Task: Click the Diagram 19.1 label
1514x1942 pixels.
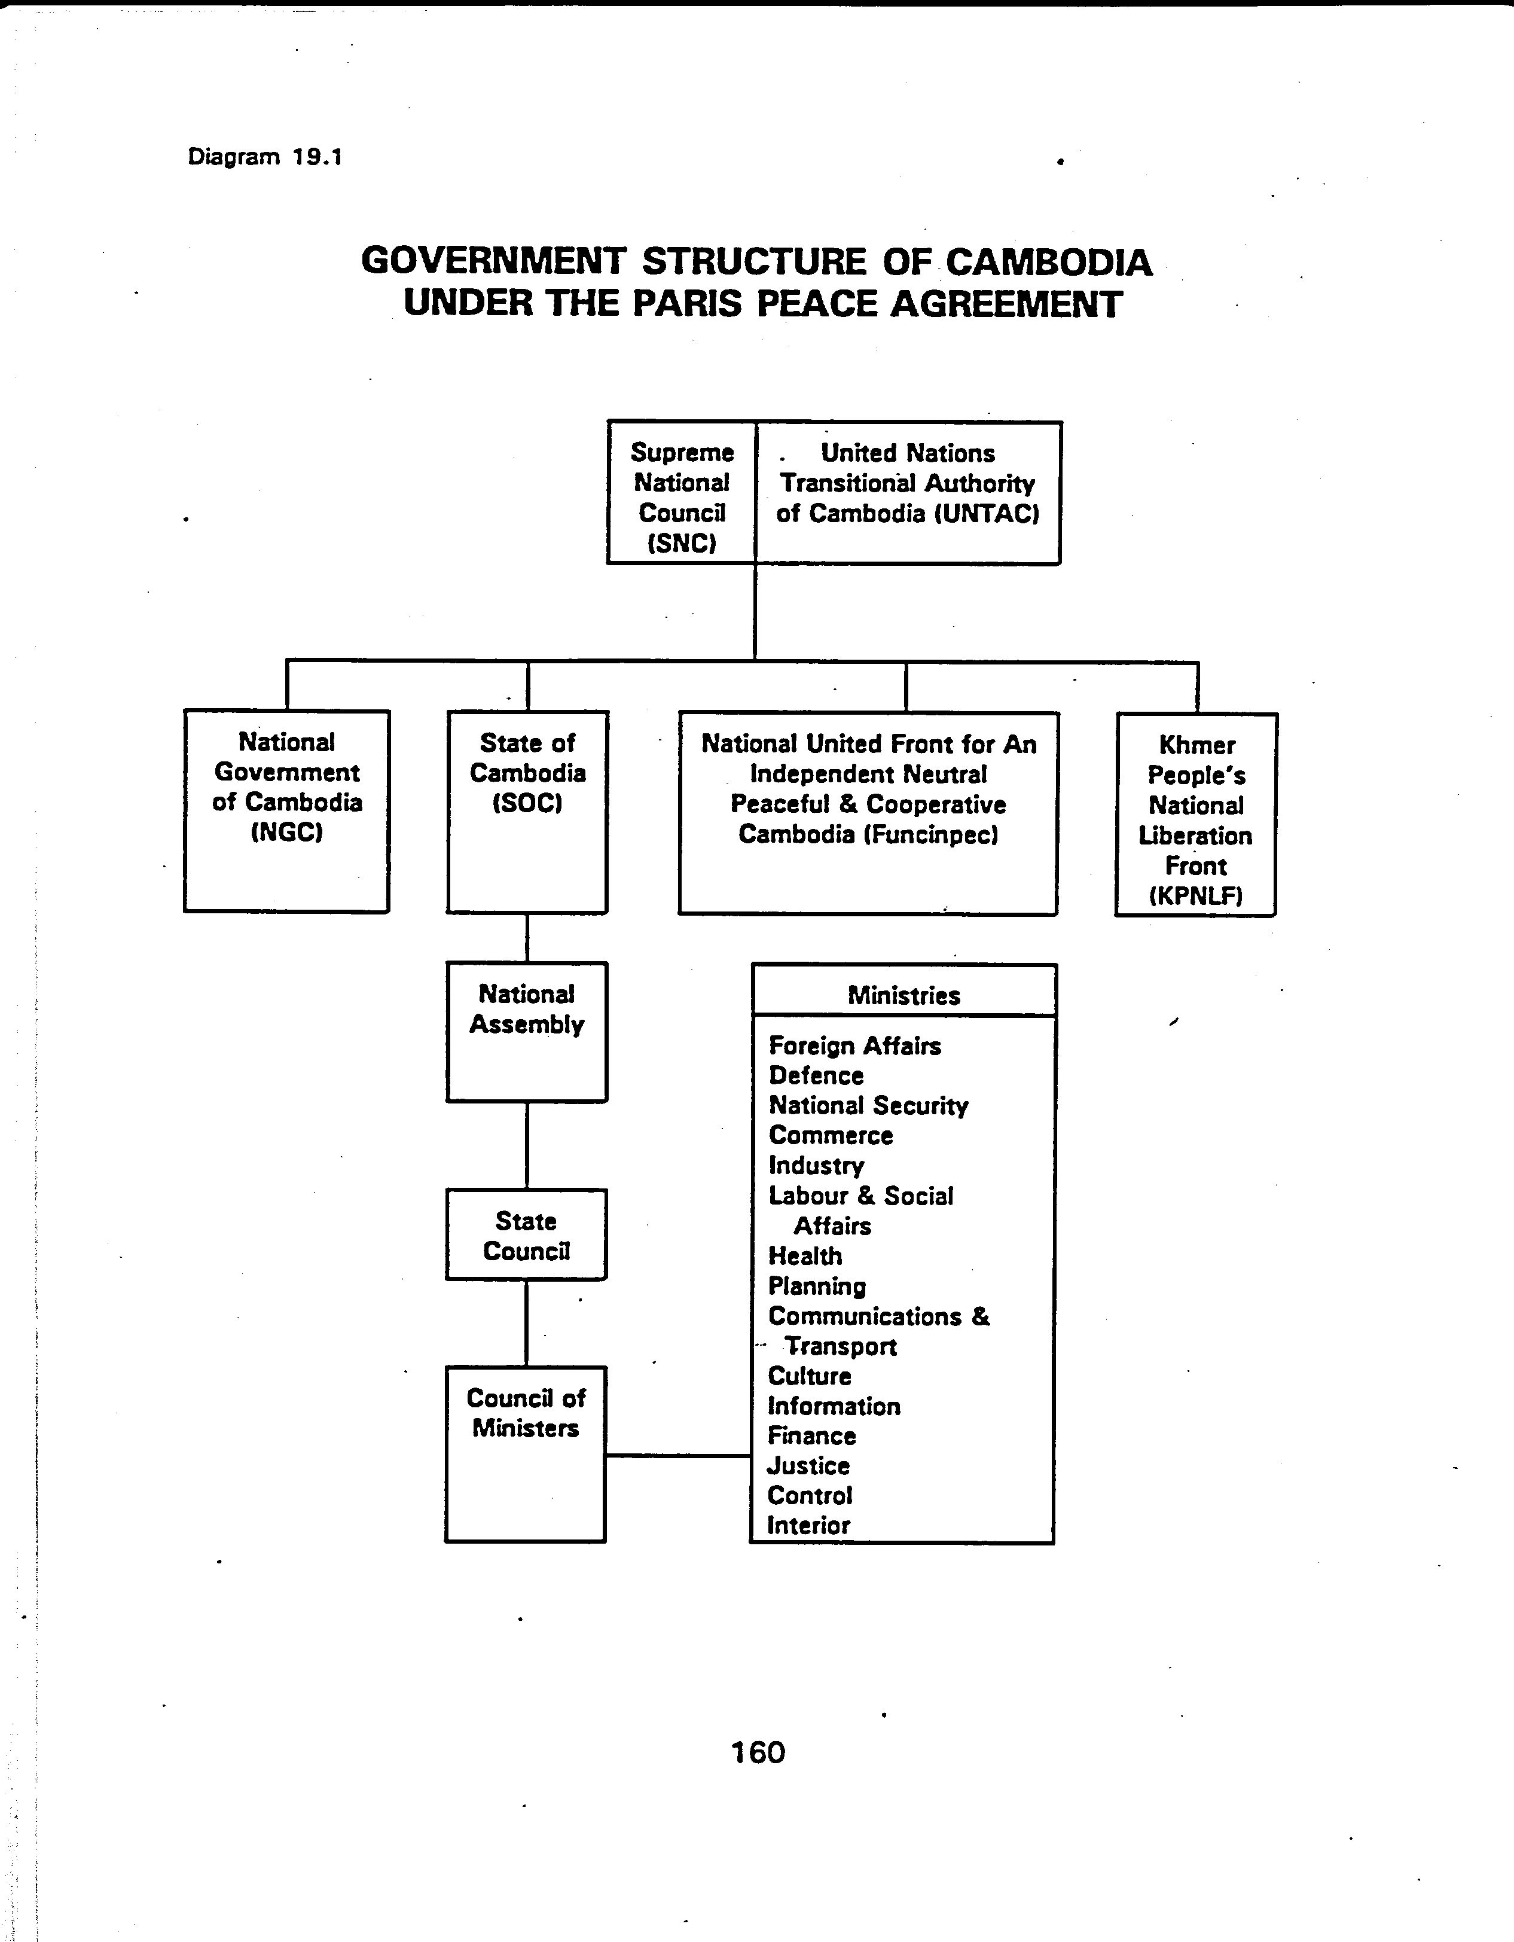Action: pos(265,157)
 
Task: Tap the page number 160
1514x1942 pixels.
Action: pos(758,1752)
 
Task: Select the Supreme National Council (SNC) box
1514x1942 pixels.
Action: pos(682,493)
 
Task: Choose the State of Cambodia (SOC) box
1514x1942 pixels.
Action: pos(527,812)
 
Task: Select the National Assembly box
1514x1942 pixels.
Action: pos(526,1032)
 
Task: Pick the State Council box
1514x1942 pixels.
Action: pos(526,1234)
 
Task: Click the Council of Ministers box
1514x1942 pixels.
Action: pos(526,1454)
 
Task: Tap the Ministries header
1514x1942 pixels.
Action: pos(904,995)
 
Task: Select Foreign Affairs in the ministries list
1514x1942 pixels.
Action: pos(854,1045)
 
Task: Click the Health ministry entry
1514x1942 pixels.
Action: pos(805,1255)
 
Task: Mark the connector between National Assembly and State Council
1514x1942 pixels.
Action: pos(527,1145)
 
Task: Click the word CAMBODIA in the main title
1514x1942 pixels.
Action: pos(1048,263)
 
